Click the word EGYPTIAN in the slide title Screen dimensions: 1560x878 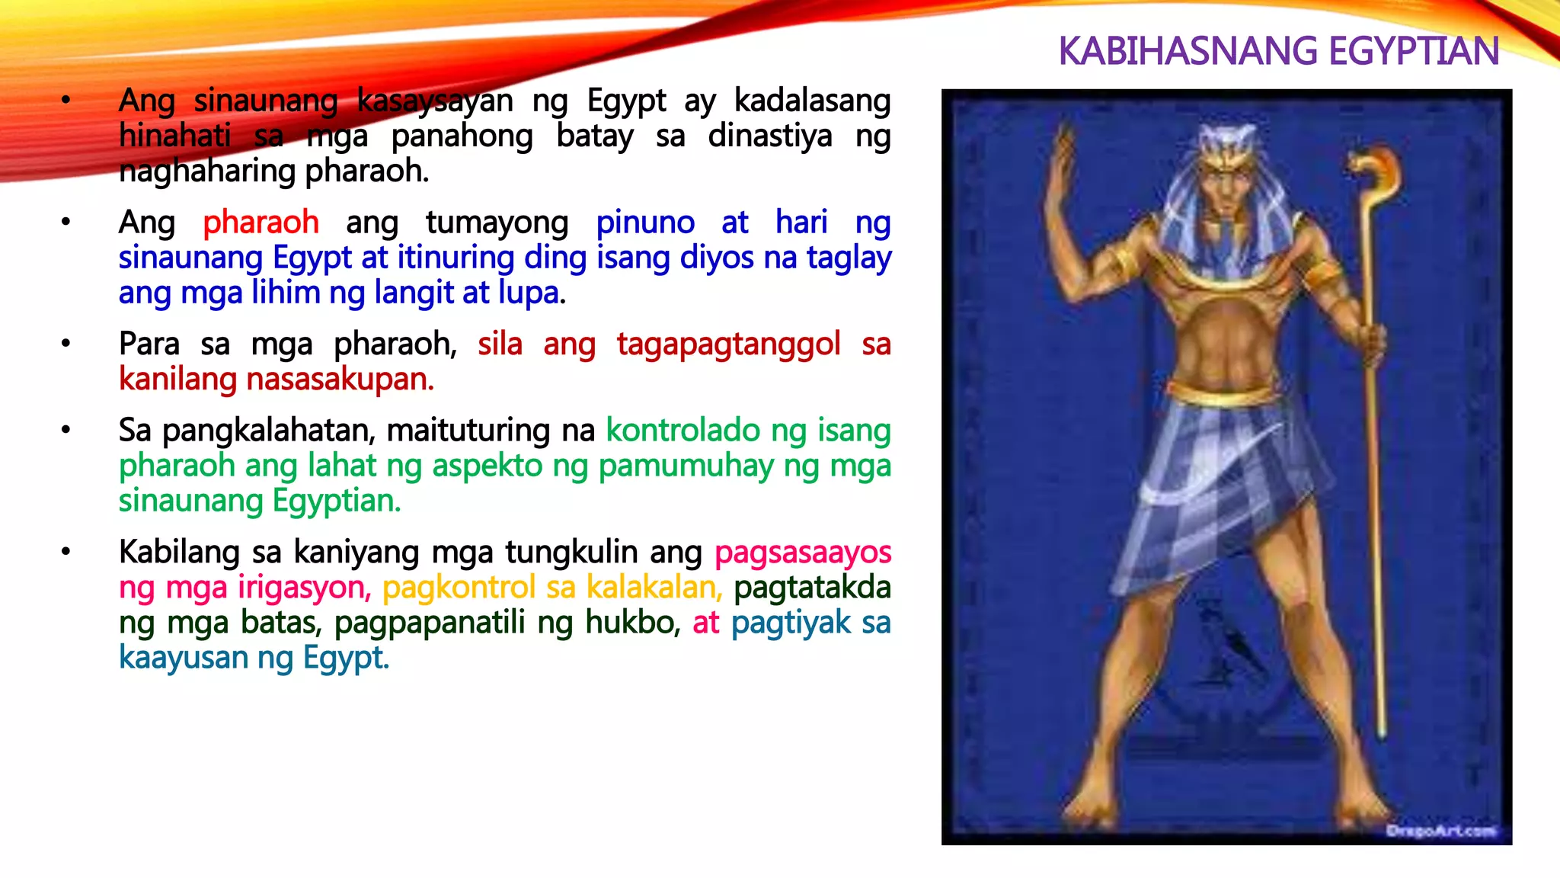coord(1413,52)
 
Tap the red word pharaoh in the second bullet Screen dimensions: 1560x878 coord(261,223)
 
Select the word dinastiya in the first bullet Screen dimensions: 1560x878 coord(770,136)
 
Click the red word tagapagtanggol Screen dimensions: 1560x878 coord(728,344)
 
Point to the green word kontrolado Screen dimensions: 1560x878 coord(682,431)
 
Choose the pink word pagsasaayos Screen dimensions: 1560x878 coord(803,553)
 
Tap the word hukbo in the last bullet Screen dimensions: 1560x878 coord(631,623)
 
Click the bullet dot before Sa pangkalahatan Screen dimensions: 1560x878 coord(66,431)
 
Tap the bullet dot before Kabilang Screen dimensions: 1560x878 coord(66,552)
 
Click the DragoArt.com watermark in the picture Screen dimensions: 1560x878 coord(1440,830)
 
